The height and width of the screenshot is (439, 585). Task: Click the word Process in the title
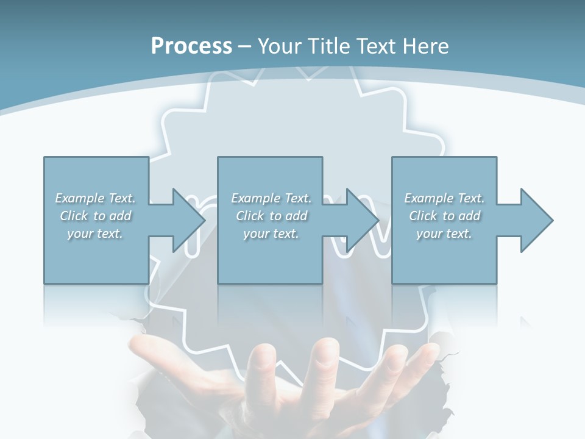coord(191,46)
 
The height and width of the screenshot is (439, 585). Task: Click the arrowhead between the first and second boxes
coord(189,220)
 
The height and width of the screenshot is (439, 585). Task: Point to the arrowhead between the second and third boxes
coord(363,220)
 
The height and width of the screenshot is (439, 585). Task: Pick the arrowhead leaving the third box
coord(536,220)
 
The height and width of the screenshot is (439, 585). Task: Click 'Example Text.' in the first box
coord(95,198)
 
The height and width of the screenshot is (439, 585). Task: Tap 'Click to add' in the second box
coord(271,216)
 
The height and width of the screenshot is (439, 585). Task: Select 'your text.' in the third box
coord(444,234)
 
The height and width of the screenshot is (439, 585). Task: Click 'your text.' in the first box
coord(95,234)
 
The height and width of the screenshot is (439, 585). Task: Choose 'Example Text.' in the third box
coord(444,198)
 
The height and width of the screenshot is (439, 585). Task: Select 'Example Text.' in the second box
coord(271,198)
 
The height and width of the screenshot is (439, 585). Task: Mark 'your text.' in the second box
coord(271,234)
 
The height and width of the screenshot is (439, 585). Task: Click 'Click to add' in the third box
coord(444,216)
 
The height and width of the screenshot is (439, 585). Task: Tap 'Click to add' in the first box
coord(95,216)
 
